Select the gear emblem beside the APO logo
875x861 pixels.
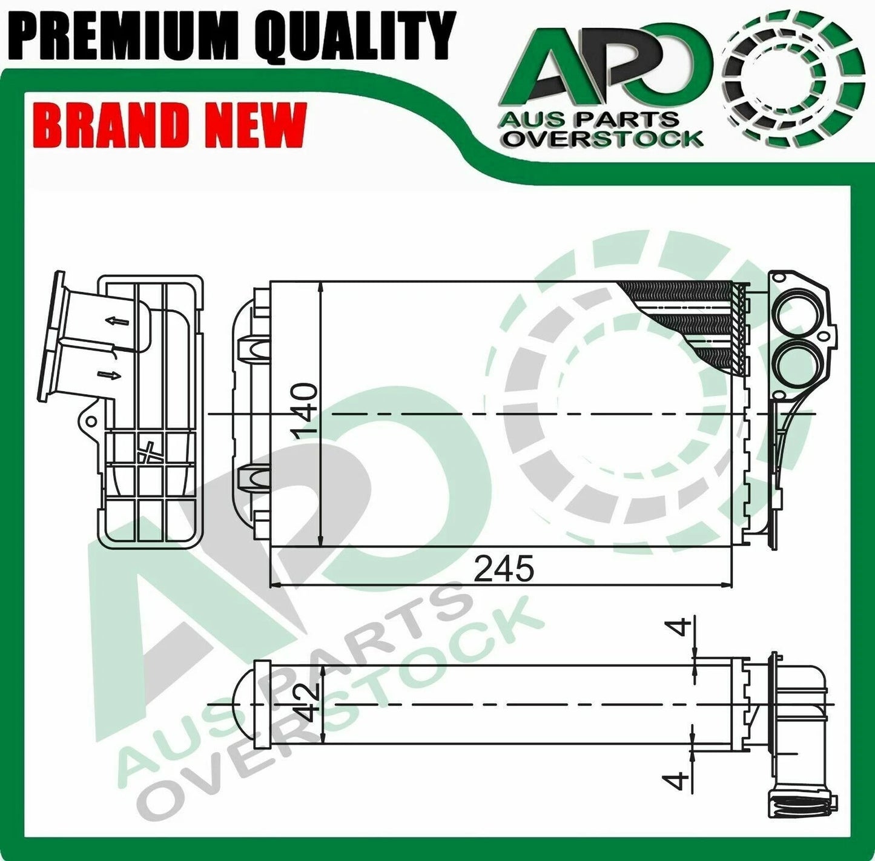pos(793,79)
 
